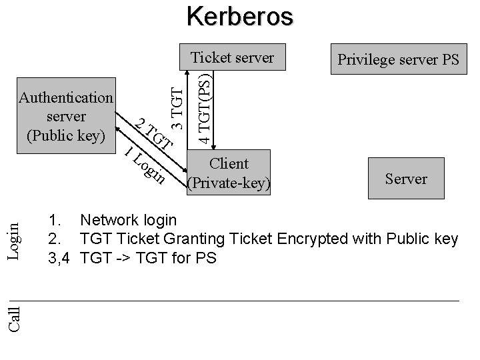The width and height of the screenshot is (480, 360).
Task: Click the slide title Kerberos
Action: pos(239,16)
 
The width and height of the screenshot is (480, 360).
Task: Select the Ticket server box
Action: pos(232,58)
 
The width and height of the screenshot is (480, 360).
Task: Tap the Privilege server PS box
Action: pos(399,60)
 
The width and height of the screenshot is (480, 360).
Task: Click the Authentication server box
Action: pos(66,117)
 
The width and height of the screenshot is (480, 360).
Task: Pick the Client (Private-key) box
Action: pos(229,173)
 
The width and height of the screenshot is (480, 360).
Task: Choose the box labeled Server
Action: pos(405,179)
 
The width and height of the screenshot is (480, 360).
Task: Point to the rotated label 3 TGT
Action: pos(176,104)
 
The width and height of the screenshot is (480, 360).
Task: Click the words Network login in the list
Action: pos(128,220)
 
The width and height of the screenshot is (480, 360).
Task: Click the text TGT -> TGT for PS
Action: pos(147,258)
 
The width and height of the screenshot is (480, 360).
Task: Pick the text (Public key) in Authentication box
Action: pos(66,135)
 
